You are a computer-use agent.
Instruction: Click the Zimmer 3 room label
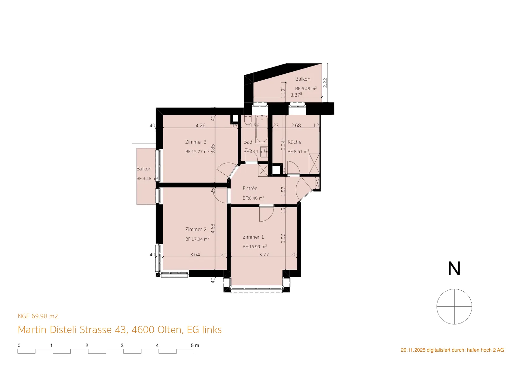click(x=196, y=142)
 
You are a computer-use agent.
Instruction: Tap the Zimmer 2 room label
click(x=196, y=229)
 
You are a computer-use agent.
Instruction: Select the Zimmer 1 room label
click(x=253, y=237)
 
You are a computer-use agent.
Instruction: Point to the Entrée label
click(x=250, y=188)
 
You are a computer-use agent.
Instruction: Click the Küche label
click(x=294, y=142)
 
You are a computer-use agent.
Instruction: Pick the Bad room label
click(x=248, y=142)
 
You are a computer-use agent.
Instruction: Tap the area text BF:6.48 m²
click(x=306, y=88)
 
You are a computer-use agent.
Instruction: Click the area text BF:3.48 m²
click(x=147, y=178)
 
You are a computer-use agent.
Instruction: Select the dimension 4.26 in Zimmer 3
click(x=200, y=126)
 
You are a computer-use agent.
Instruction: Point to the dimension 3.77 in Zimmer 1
click(x=264, y=254)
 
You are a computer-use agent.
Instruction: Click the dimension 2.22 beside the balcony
click(x=325, y=83)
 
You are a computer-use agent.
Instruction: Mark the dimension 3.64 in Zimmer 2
click(x=195, y=254)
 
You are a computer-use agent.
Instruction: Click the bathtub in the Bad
click(x=262, y=129)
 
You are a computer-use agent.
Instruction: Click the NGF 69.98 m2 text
click(x=38, y=316)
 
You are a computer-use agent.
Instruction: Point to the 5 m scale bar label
click(x=195, y=345)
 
